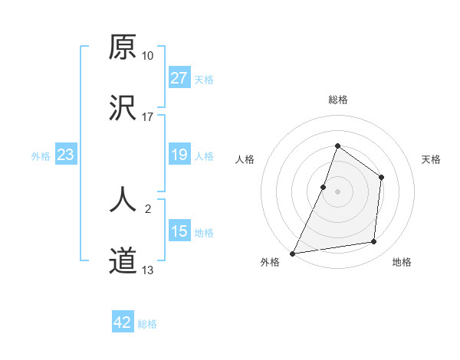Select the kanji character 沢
point(123,108)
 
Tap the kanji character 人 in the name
point(123,201)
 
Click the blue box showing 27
point(179,78)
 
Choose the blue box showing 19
point(179,155)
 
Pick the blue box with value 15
point(179,231)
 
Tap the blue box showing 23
point(66,155)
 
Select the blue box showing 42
point(123,322)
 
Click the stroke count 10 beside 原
point(148,56)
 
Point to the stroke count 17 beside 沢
point(148,117)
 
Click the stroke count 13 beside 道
point(148,270)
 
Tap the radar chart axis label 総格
point(337,100)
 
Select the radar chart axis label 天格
point(431,159)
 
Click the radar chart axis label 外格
point(270,262)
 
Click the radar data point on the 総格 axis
point(337,146)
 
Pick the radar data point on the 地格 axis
point(374,242)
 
